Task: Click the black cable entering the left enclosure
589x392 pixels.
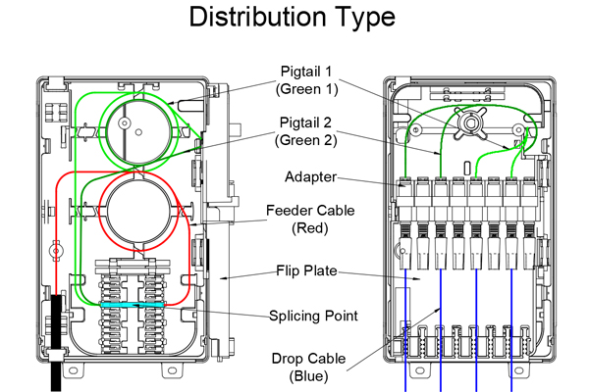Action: [x=58, y=338]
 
